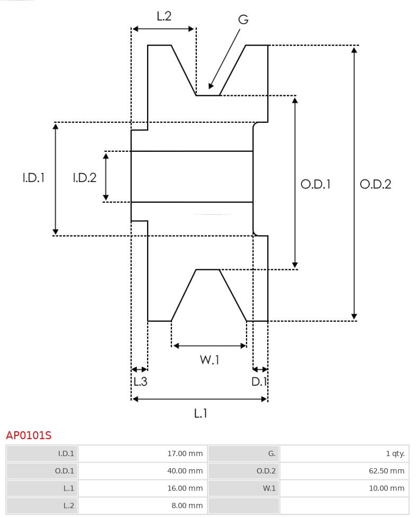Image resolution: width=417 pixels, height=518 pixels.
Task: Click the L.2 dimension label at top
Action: [164, 16]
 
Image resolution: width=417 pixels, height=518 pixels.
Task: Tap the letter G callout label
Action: [243, 20]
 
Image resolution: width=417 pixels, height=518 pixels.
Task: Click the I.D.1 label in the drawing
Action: [33, 178]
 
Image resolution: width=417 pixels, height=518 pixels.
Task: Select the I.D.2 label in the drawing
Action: [85, 178]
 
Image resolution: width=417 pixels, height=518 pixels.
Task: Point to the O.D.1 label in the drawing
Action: [315, 184]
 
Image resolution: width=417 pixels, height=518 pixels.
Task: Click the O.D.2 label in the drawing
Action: [375, 184]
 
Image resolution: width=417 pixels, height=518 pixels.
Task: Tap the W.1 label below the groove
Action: [210, 360]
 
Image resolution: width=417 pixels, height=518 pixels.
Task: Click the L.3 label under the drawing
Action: [140, 381]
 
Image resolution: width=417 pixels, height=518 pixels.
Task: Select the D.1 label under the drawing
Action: [259, 381]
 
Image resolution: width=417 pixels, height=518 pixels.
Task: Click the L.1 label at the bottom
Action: [200, 413]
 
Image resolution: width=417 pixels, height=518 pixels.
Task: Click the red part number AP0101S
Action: [29, 435]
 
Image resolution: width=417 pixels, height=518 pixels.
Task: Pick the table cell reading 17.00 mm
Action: [185, 453]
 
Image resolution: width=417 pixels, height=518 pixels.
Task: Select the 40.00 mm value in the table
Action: [185, 471]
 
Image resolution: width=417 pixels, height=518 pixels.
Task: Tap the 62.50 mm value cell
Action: [386, 471]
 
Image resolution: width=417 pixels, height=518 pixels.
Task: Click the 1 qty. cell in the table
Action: [395, 453]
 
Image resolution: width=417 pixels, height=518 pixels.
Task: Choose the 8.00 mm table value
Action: [187, 505]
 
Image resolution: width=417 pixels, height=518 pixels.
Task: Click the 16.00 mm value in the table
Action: [185, 488]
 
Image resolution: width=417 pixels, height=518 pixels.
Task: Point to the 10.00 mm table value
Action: [386, 488]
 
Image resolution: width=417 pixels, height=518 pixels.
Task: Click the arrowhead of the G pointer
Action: [211, 86]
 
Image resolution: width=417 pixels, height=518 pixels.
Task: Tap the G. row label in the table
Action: [271, 453]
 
